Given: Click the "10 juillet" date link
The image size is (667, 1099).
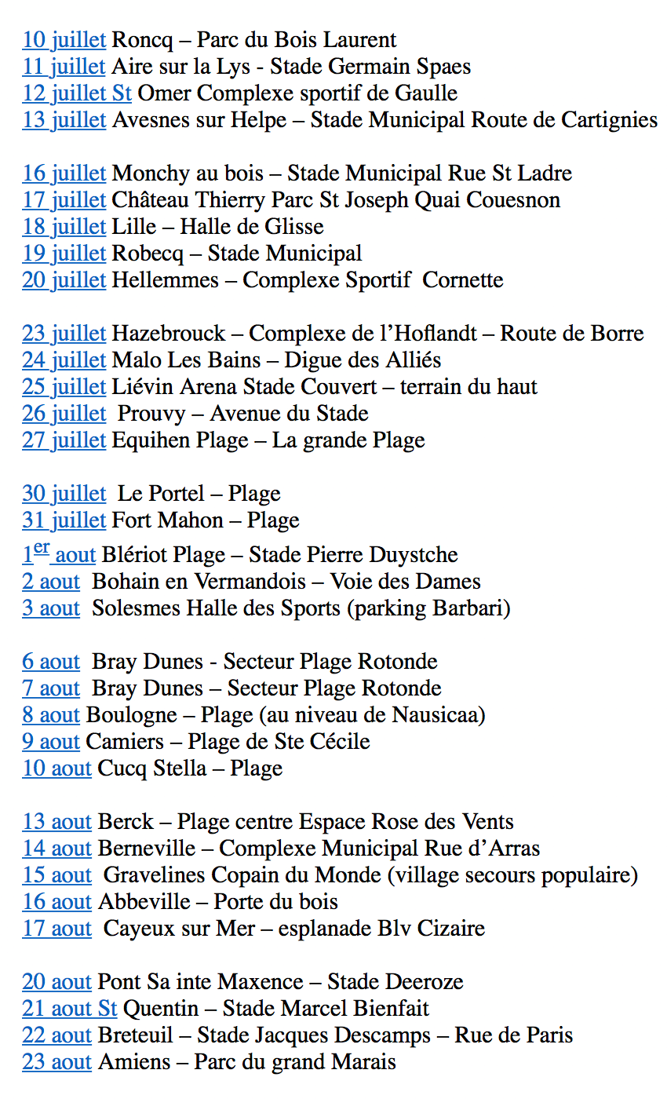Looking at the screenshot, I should (x=64, y=40).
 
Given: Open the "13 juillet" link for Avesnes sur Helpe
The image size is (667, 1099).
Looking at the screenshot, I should (x=64, y=120).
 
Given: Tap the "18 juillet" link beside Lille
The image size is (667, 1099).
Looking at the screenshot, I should (x=64, y=227).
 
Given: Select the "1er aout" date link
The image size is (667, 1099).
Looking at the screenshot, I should (x=59, y=555).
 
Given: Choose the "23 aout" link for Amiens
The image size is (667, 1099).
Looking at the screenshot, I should (x=56, y=1062).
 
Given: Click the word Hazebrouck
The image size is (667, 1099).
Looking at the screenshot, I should (x=169, y=334).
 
